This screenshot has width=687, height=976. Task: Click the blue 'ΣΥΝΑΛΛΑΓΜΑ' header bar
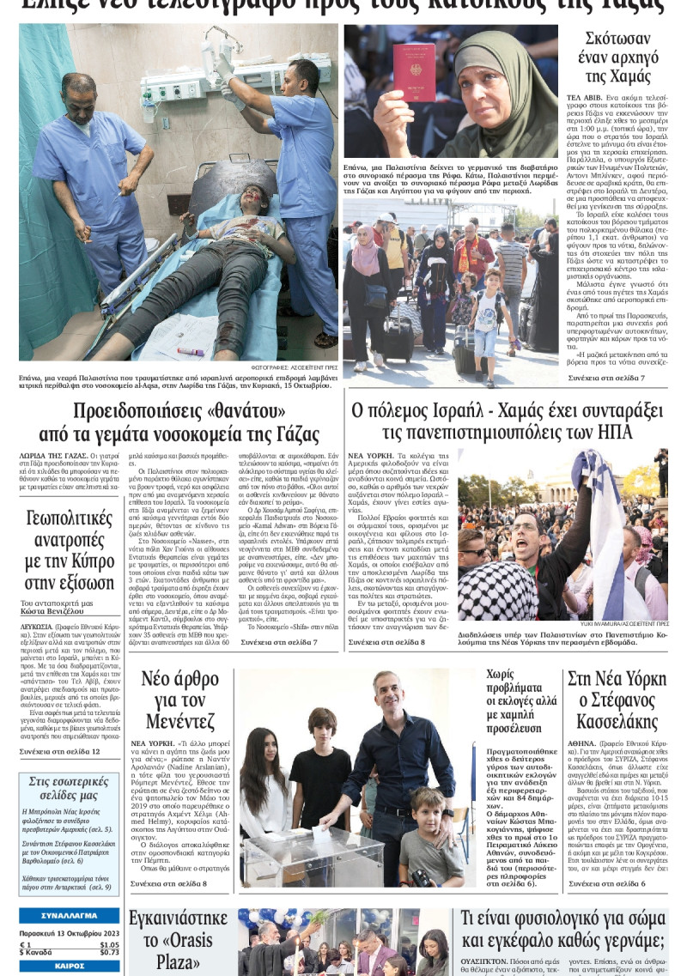point(69,916)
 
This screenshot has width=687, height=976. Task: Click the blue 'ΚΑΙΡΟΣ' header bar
point(69,967)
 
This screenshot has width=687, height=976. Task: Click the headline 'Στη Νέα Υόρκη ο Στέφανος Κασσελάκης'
point(617,700)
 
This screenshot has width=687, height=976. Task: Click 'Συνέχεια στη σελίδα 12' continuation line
point(59,751)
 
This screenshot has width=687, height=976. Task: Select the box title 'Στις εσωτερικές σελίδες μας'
point(69,789)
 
